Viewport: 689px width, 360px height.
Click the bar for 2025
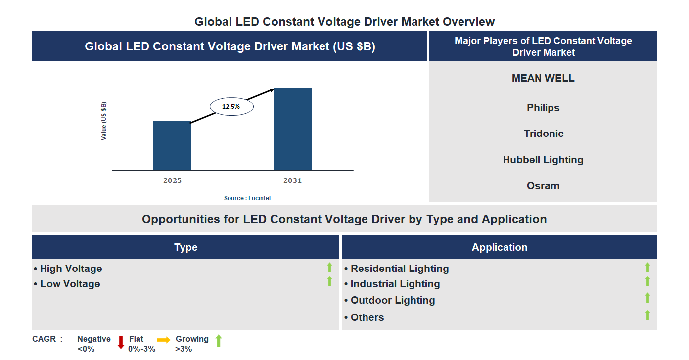point(172,145)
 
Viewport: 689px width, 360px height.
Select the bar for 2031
point(293,129)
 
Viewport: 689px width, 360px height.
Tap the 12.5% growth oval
point(231,106)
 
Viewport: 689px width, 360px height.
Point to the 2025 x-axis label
point(172,180)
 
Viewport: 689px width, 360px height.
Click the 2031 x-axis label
point(292,180)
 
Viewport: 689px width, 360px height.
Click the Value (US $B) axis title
point(104,121)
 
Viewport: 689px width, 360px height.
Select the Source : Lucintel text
point(247,198)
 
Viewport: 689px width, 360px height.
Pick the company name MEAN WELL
point(543,78)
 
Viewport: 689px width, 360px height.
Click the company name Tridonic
point(544,134)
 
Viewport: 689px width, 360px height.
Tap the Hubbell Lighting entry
point(543,160)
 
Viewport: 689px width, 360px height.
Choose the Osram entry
point(543,186)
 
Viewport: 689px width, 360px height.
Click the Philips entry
point(543,108)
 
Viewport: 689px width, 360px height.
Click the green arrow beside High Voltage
point(329,268)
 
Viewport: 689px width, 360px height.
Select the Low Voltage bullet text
point(70,284)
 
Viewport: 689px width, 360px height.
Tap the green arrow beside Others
point(647,315)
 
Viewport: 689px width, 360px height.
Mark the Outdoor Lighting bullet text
point(393,300)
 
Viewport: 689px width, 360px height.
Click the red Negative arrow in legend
point(121,342)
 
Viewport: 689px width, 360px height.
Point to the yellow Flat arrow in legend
point(164,340)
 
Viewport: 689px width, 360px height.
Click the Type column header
point(185,247)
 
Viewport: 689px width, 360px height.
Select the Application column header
point(500,247)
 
